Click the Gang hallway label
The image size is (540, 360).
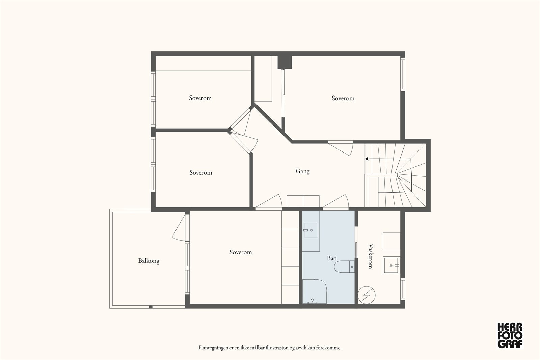[302, 171]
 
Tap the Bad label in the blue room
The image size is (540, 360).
[332, 258]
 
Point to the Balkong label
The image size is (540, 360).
[149, 261]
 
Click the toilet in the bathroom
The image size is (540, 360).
[344, 267]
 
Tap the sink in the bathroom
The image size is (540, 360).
[311, 230]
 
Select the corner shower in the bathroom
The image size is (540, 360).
[315, 292]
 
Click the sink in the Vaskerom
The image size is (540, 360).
[391, 265]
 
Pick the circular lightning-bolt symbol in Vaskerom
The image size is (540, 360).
[367, 295]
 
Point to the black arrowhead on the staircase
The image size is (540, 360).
[367, 159]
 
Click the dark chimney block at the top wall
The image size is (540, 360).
[285, 62]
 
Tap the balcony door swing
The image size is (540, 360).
[179, 227]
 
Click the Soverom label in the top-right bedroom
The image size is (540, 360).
[343, 98]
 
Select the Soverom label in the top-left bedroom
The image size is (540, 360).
[200, 98]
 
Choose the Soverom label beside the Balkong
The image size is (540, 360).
[241, 252]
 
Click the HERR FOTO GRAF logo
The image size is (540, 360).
[510, 335]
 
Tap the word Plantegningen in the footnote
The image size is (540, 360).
[213, 348]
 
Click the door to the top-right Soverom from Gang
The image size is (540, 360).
[341, 148]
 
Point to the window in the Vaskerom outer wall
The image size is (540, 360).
[403, 289]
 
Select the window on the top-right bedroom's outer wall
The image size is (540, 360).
[403, 75]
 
